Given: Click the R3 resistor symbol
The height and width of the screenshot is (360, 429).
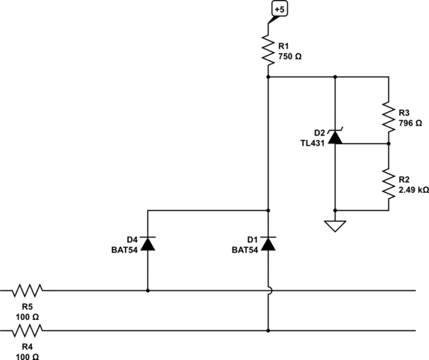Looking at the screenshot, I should [389, 114].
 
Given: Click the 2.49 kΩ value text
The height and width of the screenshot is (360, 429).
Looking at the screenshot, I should [413, 191].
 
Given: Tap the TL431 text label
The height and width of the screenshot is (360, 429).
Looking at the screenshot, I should [312, 142].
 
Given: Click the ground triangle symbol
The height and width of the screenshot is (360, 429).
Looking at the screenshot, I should [335, 226].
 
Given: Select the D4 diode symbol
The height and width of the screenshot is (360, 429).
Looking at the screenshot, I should [147, 245].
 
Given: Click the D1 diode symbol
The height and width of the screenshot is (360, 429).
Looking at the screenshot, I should [268, 245].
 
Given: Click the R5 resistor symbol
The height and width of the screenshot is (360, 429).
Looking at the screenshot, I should [28, 291].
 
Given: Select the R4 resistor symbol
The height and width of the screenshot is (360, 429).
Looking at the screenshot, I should [28, 330].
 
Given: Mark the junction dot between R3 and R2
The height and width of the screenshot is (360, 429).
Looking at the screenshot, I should [389, 143].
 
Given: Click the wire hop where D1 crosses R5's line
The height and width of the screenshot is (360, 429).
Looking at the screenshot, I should [268, 291].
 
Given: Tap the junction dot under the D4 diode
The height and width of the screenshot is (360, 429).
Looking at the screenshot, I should [147, 291].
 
